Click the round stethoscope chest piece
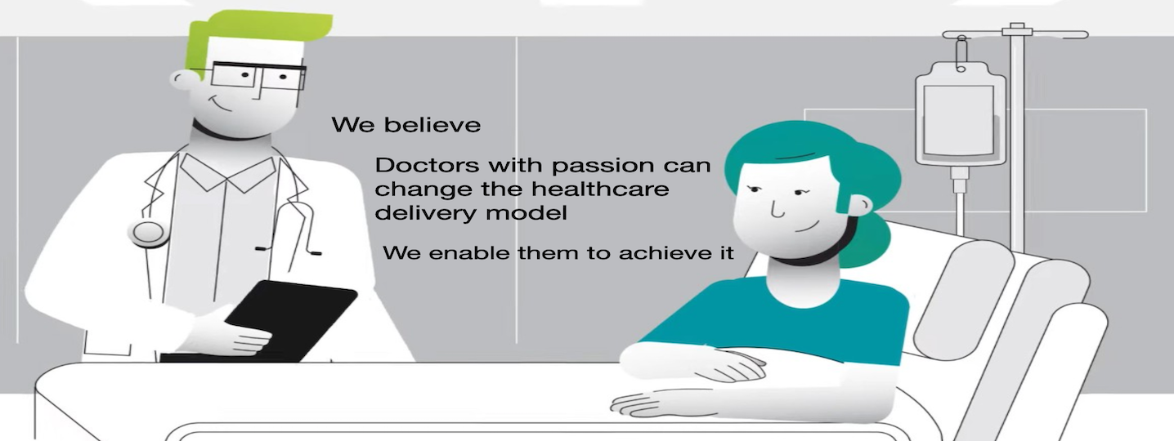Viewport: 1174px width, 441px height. point(149,232)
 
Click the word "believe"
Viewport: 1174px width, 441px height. point(432,125)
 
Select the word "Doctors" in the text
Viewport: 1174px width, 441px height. point(427,166)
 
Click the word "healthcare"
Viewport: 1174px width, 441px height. point(600,189)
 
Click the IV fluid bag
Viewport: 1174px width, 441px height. point(960,115)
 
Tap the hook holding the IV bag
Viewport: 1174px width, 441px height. point(961,53)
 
